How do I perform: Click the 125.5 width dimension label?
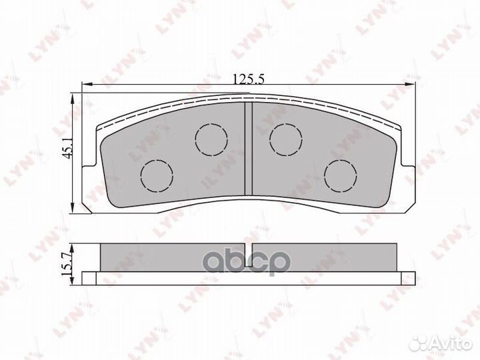point(248,79)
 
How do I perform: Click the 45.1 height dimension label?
point(67,147)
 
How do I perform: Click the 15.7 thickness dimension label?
point(67,263)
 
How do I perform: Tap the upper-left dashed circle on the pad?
point(211,139)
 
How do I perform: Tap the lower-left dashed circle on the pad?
point(157,176)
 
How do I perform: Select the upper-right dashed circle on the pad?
point(286,139)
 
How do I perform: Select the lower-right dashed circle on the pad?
point(341,176)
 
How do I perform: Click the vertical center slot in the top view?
point(248,149)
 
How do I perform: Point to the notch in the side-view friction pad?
point(248,248)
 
